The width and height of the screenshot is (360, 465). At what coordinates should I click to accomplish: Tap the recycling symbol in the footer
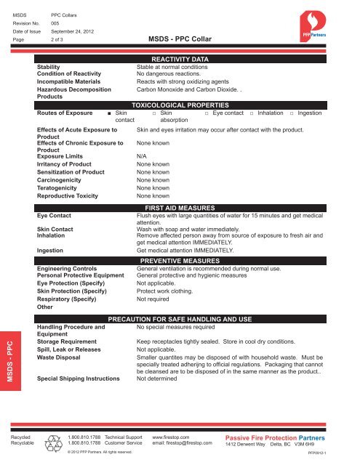click(x=55, y=440)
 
